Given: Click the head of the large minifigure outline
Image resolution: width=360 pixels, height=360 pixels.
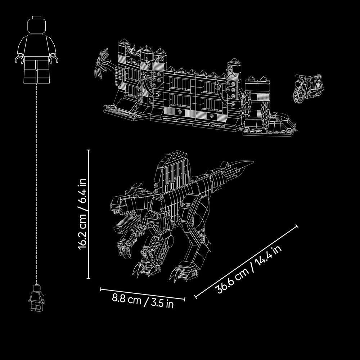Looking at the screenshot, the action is click(x=36, y=25).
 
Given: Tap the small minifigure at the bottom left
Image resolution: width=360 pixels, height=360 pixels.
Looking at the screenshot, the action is click(x=36, y=298).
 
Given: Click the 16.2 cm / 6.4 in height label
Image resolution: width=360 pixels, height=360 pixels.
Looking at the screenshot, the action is click(x=82, y=214).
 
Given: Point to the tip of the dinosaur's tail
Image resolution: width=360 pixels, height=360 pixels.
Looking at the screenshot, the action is click(x=253, y=162).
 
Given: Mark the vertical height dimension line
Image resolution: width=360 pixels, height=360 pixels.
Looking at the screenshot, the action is click(x=89, y=214).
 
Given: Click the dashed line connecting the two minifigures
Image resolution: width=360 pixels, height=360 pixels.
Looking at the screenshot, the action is click(x=36, y=184).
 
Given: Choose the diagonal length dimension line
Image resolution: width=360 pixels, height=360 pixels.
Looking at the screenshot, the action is click(x=246, y=261).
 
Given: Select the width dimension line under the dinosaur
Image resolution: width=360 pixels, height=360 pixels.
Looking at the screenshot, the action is click(x=143, y=294).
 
